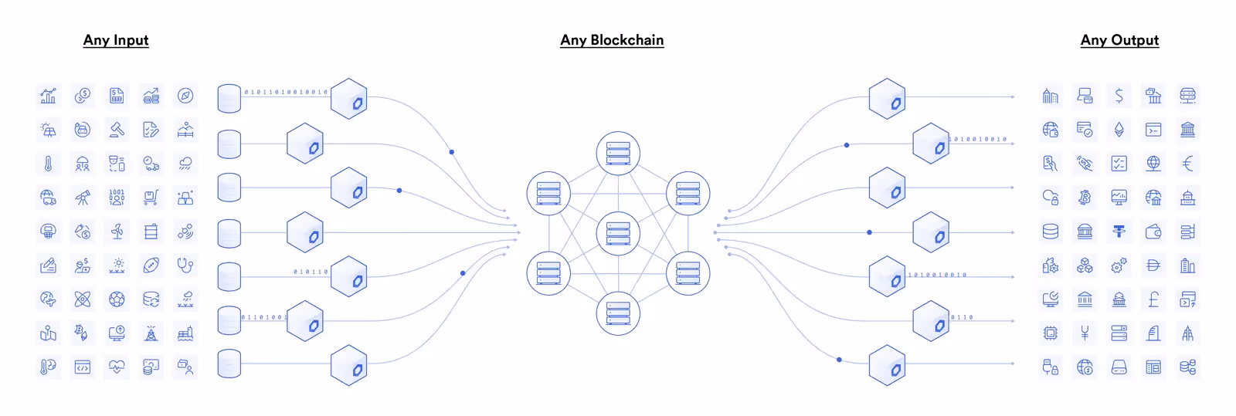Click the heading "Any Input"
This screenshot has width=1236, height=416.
tap(116, 40)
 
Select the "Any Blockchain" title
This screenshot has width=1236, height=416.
tap(612, 40)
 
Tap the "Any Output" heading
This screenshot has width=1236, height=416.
tap(1119, 40)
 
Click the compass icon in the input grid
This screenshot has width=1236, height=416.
tap(185, 96)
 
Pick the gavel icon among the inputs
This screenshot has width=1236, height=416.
tap(117, 130)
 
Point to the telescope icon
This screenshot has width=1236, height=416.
tap(83, 198)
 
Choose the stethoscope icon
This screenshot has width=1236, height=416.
tap(185, 265)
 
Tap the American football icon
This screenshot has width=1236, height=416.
tap(151, 265)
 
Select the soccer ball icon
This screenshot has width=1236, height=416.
tap(117, 299)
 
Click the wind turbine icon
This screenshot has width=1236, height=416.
tap(117, 232)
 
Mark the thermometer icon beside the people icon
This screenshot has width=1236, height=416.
tap(48, 164)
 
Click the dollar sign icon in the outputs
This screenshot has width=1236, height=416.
tap(1119, 96)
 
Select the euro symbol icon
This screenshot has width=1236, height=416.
tap(1188, 164)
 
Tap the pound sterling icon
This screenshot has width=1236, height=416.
tap(1153, 299)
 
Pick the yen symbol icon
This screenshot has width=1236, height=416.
tap(1085, 333)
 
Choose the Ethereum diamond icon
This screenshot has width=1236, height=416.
tap(1119, 130)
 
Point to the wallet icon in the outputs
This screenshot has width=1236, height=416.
tap(1153, 232)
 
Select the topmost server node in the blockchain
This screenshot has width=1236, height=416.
tap(618, 153)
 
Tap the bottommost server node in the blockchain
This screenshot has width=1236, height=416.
tap(618, 313)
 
